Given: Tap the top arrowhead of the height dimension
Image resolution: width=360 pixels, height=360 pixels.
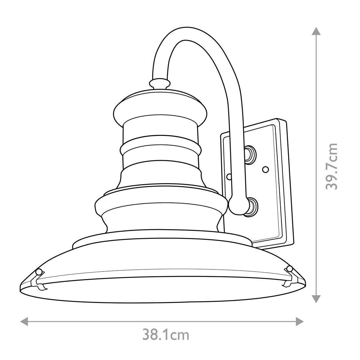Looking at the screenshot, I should coord(315,31).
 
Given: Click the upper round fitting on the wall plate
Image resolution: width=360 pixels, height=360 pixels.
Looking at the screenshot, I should coord(250,154).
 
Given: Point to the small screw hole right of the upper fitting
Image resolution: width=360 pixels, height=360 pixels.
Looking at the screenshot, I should coord(265,170).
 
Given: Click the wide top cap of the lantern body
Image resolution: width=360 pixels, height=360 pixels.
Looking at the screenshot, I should coord(160,108).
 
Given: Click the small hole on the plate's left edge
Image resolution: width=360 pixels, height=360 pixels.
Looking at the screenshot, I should coord(229,177).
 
